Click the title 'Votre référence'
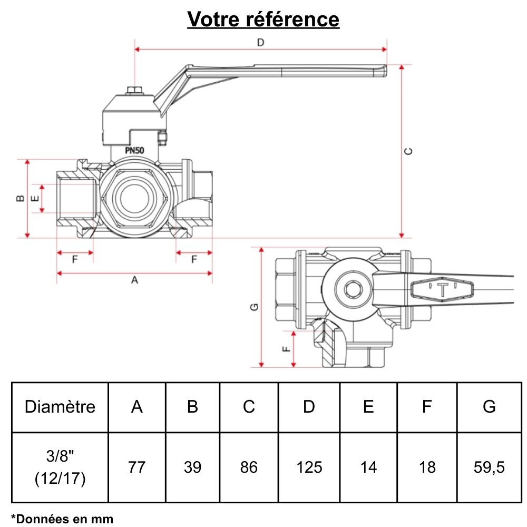(263, 19)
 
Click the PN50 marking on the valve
(135, 150)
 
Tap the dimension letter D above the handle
(260, 43)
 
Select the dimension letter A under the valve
(134, 280)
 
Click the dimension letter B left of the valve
(19, 198)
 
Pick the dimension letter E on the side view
(35, 199)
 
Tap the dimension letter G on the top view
(254, 307)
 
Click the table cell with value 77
(137, 467)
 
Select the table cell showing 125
(309, 467)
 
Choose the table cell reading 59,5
(489, 467)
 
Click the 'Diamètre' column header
(60, 407)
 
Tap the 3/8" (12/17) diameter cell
(60, 467)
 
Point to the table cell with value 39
(193, 467)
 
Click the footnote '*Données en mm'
(62, 519)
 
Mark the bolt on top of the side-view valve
(135, 92)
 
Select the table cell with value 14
(368, 467)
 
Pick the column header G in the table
(489, 407)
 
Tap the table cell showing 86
(249, 467)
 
